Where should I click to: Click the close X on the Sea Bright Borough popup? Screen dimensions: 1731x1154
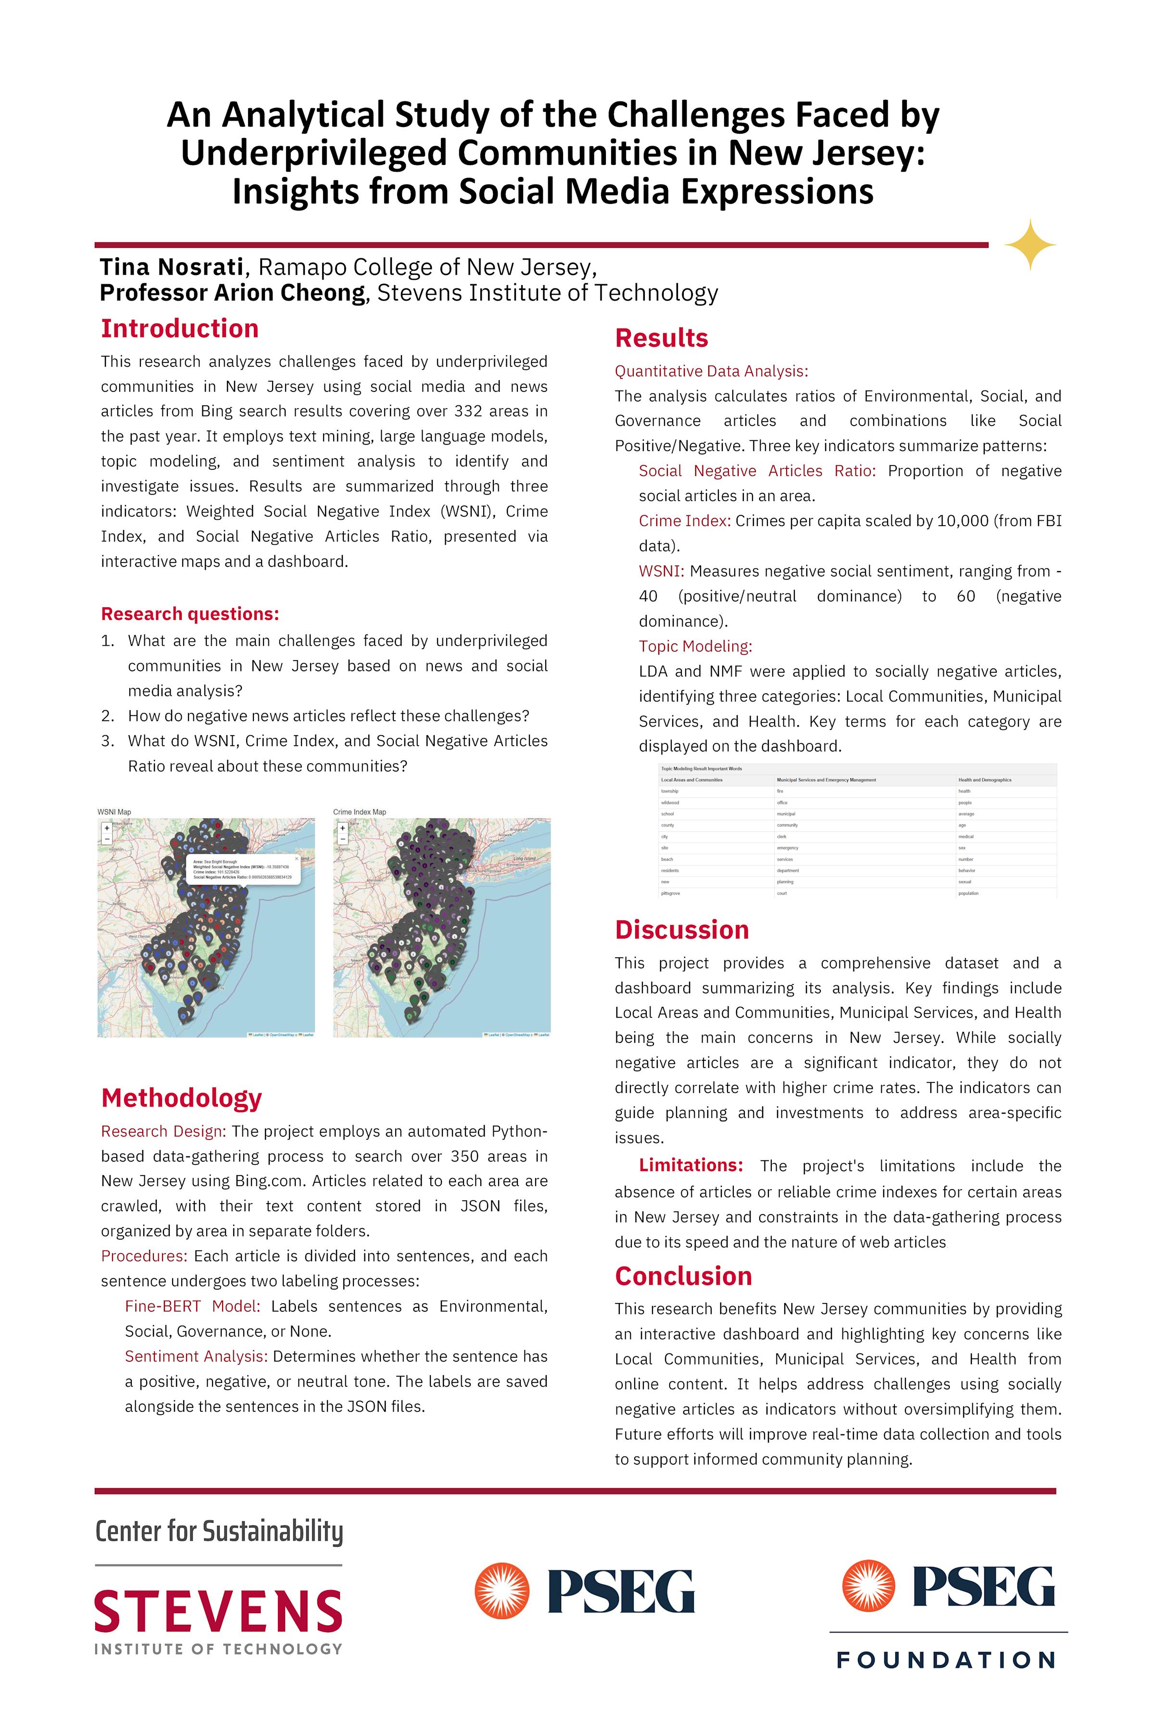point(297,858)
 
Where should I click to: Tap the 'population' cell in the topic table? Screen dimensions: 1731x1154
point(968,893)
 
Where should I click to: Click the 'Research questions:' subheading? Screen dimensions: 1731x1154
point(190,614)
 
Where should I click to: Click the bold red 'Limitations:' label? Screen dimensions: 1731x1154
point(690,1165)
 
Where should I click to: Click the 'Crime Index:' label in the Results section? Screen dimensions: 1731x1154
point(684,521)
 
